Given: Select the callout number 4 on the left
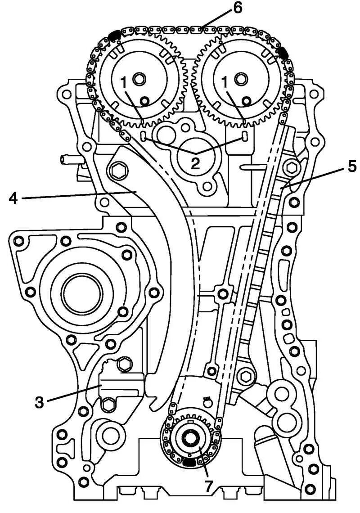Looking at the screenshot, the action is coord(14,198).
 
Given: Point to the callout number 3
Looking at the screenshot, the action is coord(40,401).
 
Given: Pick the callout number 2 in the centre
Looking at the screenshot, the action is coord(195,163).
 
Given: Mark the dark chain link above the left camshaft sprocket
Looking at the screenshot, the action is coord(113,35).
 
